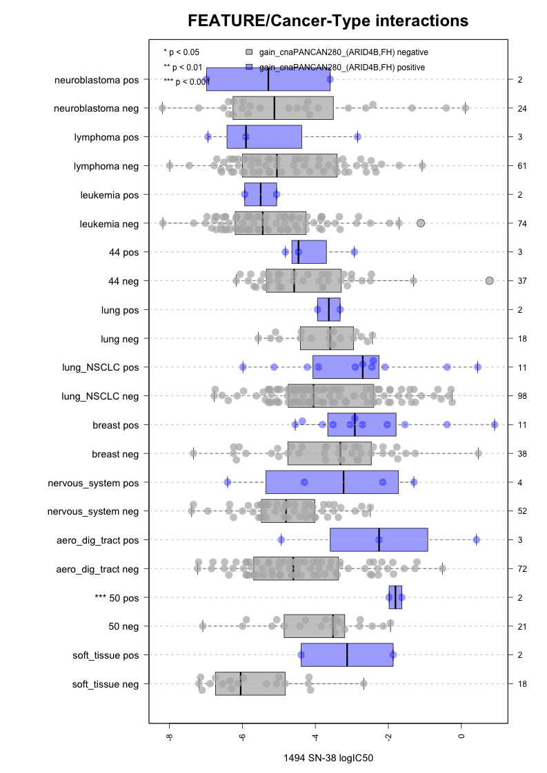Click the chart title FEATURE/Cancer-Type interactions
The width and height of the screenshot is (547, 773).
[x=328, y=21]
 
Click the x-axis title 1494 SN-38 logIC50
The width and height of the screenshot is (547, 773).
[x=328, y=758]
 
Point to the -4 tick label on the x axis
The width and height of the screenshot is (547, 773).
[x=315, y=737]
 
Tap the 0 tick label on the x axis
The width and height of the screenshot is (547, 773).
[x=461, y=737]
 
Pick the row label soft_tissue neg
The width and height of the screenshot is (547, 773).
[x=105, y=684]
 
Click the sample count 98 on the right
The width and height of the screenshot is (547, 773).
[x=521, y=396]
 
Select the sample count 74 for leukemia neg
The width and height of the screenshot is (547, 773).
[x=521, y=223]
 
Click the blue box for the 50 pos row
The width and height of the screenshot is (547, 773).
[x=396, y=597]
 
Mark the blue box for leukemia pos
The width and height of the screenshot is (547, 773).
[x=261, y=195]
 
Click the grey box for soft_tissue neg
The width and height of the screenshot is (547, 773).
[x=250, y=683]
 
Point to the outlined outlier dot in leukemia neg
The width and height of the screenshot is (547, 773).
[x=421, y=223]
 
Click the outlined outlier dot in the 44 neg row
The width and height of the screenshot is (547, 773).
[x=490, y=280]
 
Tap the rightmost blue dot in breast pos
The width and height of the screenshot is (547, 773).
[x=495, y=424]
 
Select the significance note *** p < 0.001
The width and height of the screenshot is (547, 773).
[x=185, y=82]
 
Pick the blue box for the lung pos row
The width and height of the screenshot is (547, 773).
[x=328, y=310]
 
